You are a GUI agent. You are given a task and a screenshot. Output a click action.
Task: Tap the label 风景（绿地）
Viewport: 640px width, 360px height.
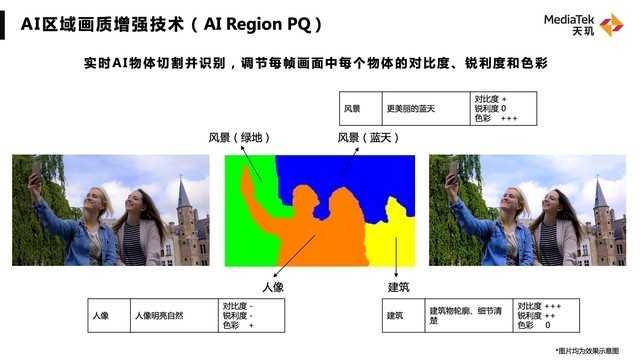tap(239, 137)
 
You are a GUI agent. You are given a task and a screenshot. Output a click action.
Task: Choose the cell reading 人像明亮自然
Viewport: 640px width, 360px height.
tap(160, 316)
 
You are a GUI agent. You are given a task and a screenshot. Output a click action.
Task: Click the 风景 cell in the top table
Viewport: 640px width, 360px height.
tap(352, 108)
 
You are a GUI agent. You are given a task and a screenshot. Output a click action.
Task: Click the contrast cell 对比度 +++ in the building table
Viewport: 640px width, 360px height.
tap(540, 305)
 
